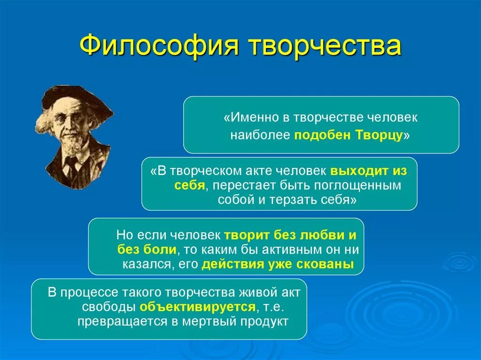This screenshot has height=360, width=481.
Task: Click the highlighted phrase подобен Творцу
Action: click(x=349, y=136)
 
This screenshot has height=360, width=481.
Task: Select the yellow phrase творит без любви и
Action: click(x=290, y=235)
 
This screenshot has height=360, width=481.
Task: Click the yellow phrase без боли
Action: click(x=147, y=249)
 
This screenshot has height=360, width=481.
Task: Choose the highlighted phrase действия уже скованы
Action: click(x=278, y=263)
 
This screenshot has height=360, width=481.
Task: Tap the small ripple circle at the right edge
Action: click(x=459, y=261)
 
